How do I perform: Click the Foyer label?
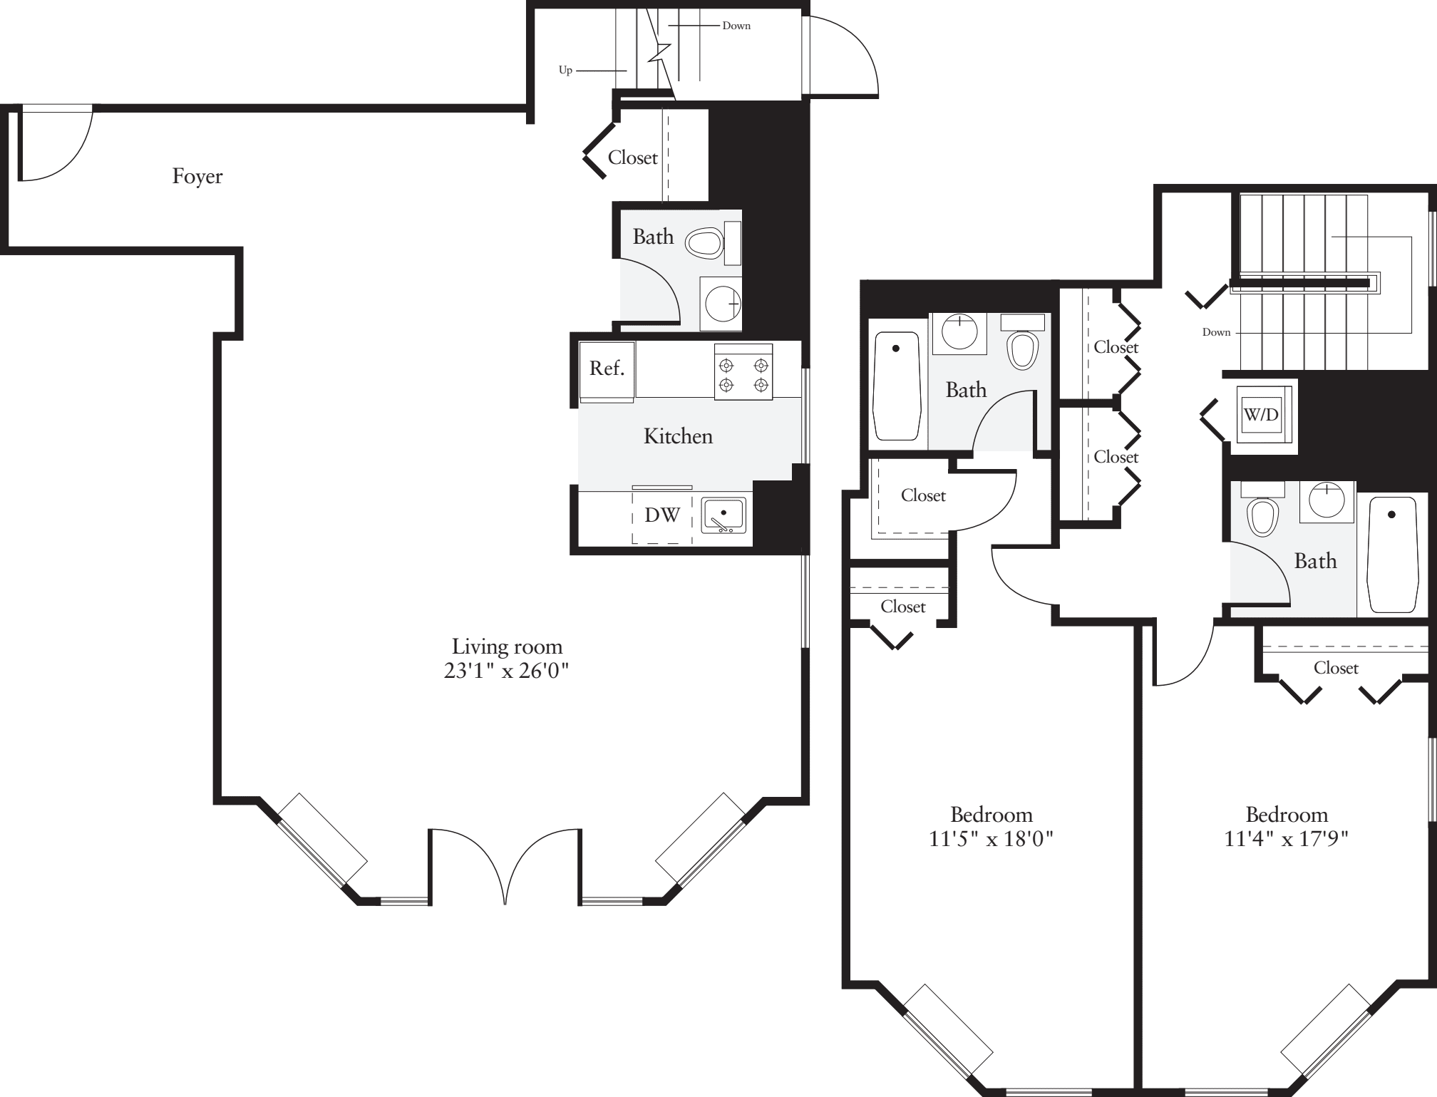click(197, 176)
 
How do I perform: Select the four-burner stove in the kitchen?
click(743, 375)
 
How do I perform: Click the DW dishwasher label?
click(662, 515)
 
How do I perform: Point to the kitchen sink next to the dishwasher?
click(723, 515)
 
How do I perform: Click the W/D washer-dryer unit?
click(1261, 414)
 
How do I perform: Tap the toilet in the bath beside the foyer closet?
click(704, 243)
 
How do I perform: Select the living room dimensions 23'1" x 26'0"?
click(506, 671)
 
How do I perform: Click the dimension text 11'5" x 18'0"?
click(991, 839)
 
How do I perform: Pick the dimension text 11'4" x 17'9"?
click(1286, 839)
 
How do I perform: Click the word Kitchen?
click(678, 436)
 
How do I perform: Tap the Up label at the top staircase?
click(565, 71)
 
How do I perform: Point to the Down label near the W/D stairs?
click(1216, 332)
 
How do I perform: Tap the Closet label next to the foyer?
click(632, 158)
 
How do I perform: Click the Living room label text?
click(507, 647)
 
